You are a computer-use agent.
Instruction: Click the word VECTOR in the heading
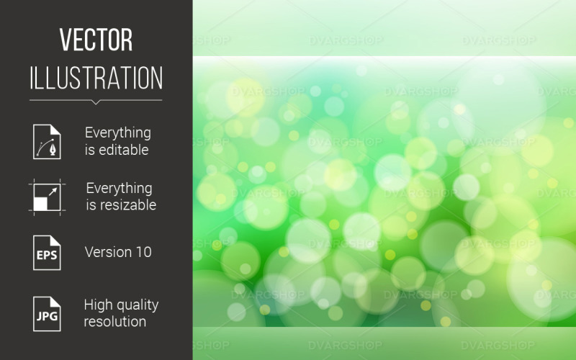[x=96, y=40]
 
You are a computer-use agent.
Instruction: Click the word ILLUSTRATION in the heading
[x=96, y=77]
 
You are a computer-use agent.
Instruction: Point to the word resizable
[x=130, y=205]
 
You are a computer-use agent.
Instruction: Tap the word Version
[x=109, y=252]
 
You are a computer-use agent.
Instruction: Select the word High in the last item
[x=98, y=305]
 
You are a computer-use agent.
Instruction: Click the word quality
[x=137, y=305]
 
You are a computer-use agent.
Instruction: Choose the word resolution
[x=115, y=321]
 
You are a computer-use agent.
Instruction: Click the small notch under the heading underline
[x=96, y=102]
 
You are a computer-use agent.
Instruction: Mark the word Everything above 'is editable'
[x=118, y=132]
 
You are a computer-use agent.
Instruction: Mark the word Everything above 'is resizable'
[x=119, y=188]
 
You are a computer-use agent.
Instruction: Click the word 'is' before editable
[x=90, y=150]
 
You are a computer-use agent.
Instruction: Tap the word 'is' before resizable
[x=91, y=205]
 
